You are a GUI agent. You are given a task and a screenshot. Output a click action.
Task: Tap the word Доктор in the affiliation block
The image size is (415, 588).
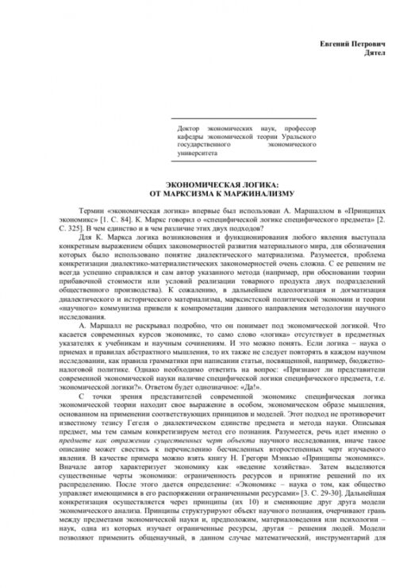coord(191,126)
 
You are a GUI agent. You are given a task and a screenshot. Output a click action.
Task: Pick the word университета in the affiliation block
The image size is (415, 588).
coord(198,155)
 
